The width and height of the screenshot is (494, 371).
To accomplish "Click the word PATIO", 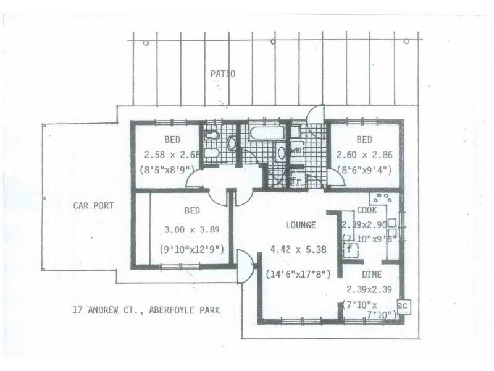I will point(223,74).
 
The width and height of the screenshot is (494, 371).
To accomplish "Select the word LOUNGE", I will point(301,225).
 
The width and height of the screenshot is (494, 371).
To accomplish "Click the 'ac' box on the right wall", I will point(403,306).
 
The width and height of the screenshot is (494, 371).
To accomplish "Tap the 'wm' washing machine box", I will point(296,150).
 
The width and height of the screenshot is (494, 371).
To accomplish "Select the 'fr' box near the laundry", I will point(297,181).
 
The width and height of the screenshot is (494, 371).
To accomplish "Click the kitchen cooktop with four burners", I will point(382,200).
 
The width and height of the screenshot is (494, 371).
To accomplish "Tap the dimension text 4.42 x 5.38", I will point(298,250).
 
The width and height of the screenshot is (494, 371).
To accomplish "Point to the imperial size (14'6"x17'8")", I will point(298,274).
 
